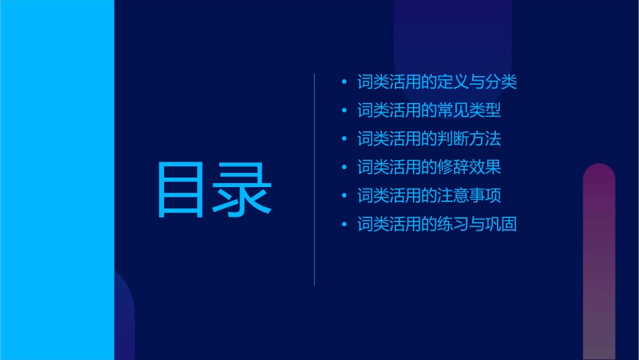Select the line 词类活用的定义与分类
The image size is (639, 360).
point(437,83)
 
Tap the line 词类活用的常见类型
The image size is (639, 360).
point(429,111)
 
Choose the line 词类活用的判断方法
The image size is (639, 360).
point(429,139)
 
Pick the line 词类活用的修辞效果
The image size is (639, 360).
point(429,168)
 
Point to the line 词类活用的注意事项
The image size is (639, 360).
point(429,196)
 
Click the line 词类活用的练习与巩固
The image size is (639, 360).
point(437,224)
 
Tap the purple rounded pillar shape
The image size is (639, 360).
point(599,262)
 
